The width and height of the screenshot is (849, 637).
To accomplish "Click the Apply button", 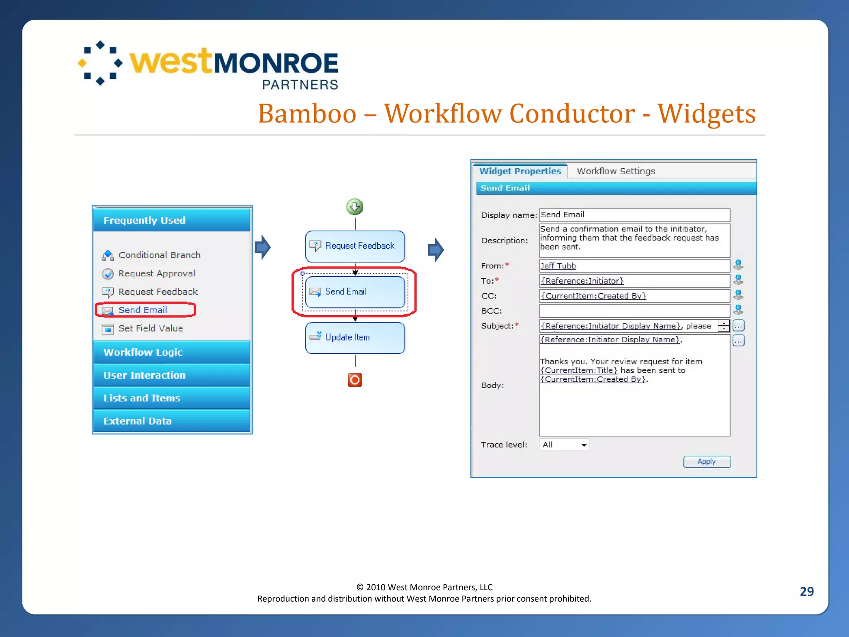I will [707, 462].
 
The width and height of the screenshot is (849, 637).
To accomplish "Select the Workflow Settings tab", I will [616, 171].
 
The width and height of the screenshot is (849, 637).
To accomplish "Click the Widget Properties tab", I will [520, 171].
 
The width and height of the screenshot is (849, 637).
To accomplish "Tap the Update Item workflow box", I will [355, 338].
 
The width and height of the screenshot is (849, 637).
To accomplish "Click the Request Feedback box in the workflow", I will [355, 246].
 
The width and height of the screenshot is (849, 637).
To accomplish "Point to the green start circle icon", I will [355, 207].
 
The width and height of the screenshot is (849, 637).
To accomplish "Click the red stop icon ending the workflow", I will [355, 380].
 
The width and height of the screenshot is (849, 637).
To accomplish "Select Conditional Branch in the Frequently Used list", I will [159, 255].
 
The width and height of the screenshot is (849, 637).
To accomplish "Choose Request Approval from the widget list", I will [157, 274].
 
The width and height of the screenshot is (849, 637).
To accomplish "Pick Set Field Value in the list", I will [150, 328].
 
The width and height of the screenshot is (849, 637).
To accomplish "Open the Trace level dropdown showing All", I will [564, 445].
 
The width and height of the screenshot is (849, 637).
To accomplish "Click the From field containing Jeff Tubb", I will [634, 266].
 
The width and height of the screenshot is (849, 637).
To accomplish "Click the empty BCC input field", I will [634, 311].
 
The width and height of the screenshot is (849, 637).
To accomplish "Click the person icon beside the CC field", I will [738, 295].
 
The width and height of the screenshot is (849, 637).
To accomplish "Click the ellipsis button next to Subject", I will [738, 326].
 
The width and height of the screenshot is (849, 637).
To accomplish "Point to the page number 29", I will [806, 591].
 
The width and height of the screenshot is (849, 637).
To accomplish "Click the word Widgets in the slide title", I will [706, 114].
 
